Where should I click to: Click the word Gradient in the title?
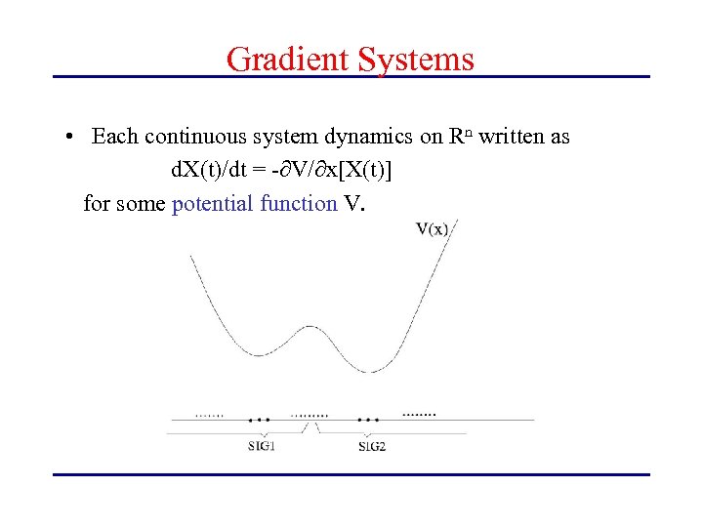tap(289, 59)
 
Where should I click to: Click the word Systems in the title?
tap(416, 59)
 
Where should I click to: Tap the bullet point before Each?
tap(72, 138)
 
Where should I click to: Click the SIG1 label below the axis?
tap(261, 447)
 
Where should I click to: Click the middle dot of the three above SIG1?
tap(260, 420)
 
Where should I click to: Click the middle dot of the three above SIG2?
tap(368, 420)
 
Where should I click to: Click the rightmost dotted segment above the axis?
tap(420, 413)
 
